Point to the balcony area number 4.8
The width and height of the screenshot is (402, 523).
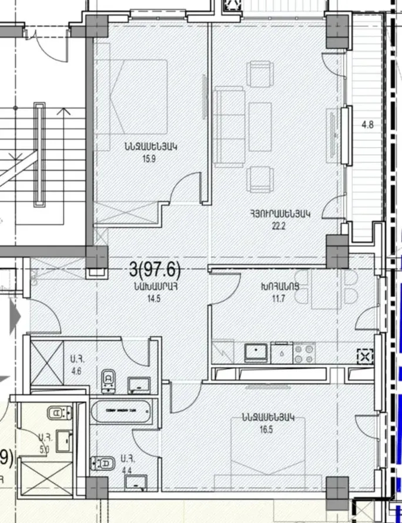367,125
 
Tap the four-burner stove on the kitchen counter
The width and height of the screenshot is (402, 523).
304,353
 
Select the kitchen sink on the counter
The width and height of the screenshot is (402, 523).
257,352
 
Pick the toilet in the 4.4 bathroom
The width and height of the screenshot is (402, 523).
103,464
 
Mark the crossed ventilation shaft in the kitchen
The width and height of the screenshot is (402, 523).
365,355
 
